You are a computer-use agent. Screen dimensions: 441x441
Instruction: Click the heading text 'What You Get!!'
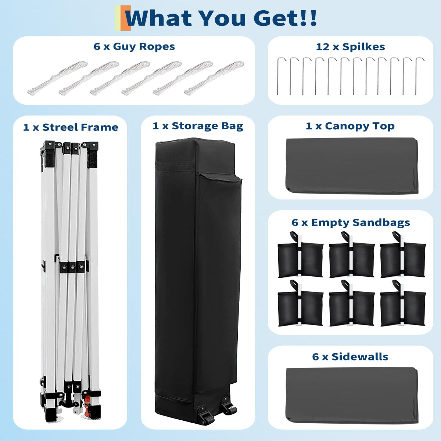point(221,18)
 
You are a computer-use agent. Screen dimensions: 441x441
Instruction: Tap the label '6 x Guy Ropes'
point(134,47)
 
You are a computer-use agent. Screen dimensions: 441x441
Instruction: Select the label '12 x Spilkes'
point(350,47)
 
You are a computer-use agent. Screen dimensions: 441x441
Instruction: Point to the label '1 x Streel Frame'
point(71,128)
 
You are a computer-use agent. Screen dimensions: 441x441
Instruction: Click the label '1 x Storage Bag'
point(198,126)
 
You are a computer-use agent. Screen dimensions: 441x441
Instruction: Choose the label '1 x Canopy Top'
point(350,126)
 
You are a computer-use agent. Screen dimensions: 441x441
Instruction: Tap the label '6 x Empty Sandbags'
point(351,223)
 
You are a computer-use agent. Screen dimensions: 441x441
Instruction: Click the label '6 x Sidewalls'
point(350,357)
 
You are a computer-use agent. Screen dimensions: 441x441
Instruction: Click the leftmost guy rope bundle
point(57,78)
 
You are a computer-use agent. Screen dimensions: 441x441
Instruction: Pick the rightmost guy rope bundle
point(214,78)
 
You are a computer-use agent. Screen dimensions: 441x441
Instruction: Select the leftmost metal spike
point(280,76)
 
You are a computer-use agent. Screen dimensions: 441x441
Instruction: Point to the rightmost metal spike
point(418,76)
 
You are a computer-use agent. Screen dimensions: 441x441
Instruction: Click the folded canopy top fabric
point(352,165)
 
